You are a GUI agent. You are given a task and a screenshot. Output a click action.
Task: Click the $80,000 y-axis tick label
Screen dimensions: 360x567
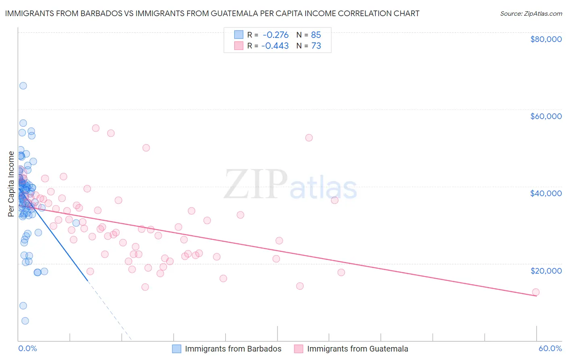click(x=546, y=39)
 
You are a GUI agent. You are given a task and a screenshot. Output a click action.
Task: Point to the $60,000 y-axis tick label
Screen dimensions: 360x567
click(x=546, y=116)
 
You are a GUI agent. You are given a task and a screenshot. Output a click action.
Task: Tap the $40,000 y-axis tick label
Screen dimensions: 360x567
click(x=546, y=193)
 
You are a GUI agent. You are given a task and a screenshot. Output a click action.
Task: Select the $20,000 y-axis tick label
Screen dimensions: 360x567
click(x=546, y=270)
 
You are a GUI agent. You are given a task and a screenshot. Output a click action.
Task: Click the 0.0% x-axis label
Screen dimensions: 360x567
click(x=27, y=348)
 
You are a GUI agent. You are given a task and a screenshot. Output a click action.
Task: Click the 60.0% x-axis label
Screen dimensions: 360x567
click(x=550, y=348)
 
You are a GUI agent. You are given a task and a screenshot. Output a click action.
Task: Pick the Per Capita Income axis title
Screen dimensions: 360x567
click(x=11, y=184)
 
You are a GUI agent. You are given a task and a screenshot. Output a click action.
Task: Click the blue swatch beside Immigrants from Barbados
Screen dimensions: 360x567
click(x=177, y=349)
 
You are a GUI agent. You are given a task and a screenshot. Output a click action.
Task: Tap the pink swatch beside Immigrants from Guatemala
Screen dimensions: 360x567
click(x=298, y=349)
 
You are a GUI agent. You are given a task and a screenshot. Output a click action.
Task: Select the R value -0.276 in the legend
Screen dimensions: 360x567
click(x=275, y=35)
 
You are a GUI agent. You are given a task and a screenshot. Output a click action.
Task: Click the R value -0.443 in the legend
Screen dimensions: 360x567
click(x=275, y=46)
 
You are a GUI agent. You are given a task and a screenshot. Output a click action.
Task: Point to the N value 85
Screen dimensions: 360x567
click(x=316, y=35)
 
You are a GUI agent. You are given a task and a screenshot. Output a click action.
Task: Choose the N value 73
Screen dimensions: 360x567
click(x=316, y=46)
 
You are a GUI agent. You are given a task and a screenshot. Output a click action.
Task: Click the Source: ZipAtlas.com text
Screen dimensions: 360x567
click(x=531, y=14)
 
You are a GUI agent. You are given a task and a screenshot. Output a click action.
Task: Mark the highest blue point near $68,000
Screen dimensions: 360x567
click(x=23, y=86)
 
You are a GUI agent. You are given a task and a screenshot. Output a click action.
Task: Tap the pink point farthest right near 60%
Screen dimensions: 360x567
click(x=536, y=292)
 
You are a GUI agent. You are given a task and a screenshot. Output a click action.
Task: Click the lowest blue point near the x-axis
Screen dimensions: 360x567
click(x=25, y=321)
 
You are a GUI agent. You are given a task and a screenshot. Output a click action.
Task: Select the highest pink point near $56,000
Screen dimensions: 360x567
click(x=96, y=128)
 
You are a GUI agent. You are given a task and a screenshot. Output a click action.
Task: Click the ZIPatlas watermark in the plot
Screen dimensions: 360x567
click(x=290, y=185)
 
